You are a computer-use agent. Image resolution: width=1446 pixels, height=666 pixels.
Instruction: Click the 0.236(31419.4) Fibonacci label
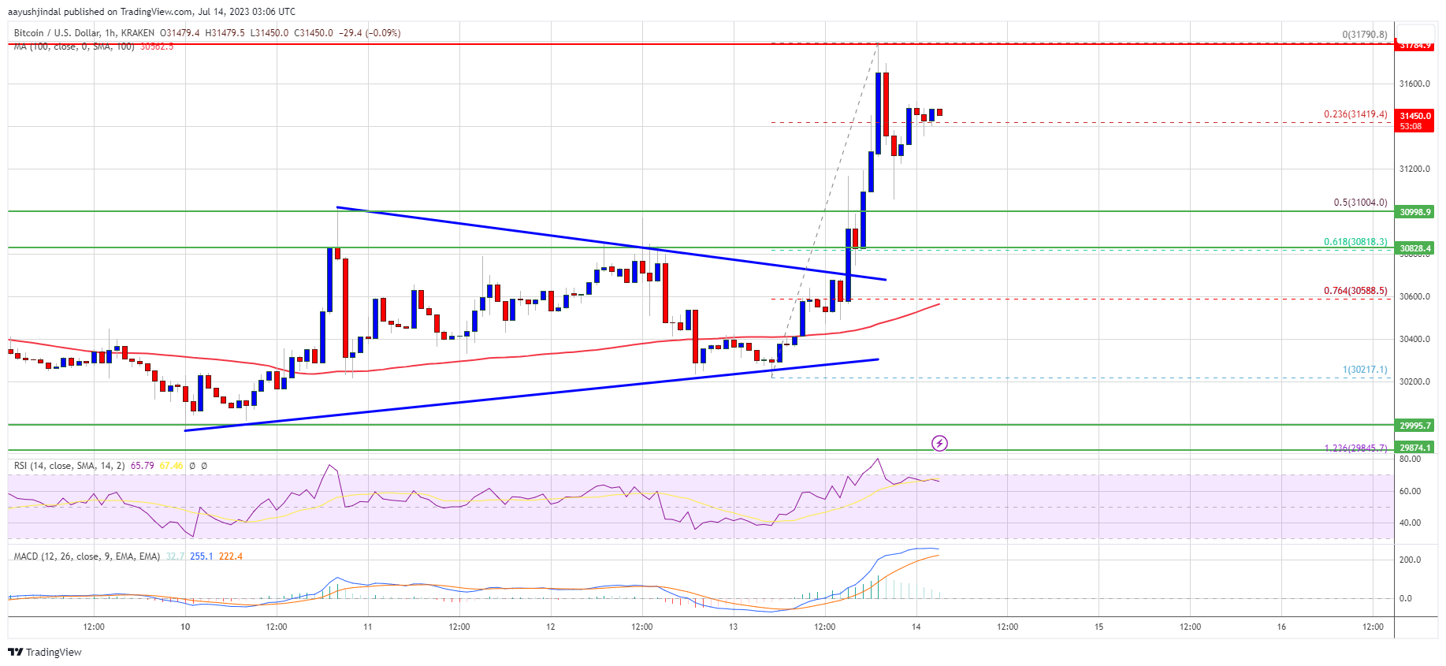coord(1355,114)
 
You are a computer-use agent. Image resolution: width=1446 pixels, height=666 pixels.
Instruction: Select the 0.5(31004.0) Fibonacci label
coord(1360,203)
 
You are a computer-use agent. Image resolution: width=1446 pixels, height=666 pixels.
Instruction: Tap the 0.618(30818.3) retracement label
coord(1355,242)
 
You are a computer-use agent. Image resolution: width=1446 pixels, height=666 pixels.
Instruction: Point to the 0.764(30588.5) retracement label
coord(1355,291)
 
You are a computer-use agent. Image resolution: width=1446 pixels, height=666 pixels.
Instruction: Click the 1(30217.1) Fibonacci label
coord(1365,370)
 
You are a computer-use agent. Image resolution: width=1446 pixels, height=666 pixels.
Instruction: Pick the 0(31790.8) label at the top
coord(1365,35)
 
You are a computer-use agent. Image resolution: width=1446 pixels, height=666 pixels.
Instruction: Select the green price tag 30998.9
coord(1415,212)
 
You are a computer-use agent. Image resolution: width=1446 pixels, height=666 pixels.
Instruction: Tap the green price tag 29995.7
coord(1415,426)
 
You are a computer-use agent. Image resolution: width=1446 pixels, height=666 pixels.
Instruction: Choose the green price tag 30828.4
coord(1415,248)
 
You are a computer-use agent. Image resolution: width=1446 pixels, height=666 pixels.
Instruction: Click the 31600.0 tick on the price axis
coord(1414,84)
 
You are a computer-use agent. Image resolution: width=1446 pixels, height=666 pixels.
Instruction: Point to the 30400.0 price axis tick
coord(1414,339)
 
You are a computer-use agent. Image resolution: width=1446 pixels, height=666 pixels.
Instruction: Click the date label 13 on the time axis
coord(733,627)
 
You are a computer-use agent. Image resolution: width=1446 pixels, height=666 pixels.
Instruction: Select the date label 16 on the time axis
coord(1281,627)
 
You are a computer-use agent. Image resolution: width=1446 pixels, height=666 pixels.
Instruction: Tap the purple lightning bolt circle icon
coord(939,443)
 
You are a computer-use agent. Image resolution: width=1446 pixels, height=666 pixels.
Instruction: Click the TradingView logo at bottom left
coord(45,652)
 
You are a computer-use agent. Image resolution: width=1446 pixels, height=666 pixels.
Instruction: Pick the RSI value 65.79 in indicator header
coord(142,466)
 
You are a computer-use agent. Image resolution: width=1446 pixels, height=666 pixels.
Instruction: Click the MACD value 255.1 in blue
coord(201,556)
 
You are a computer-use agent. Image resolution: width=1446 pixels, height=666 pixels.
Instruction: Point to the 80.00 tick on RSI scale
coord(1410,459)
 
